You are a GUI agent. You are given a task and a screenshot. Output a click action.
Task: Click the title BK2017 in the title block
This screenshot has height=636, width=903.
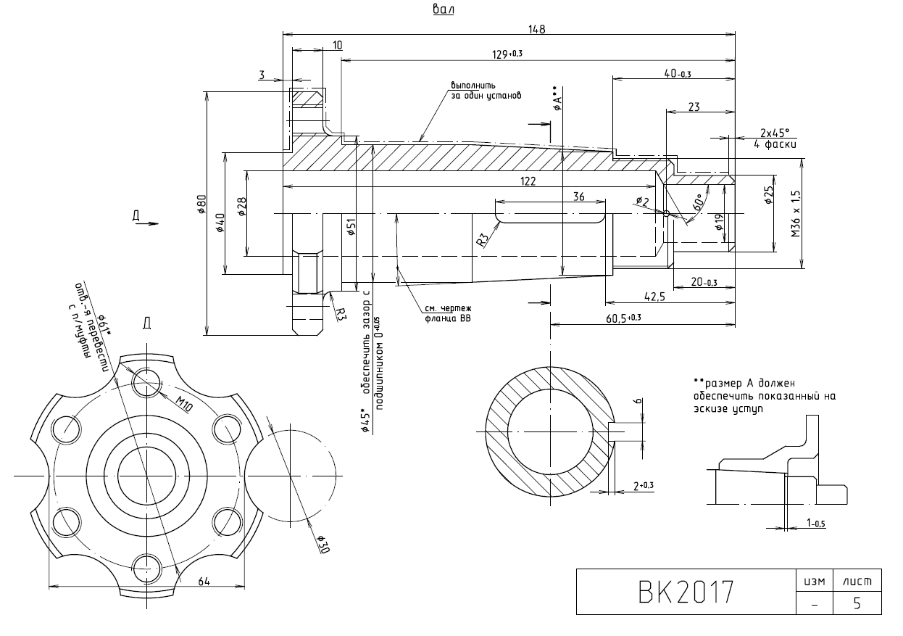pos(686,592)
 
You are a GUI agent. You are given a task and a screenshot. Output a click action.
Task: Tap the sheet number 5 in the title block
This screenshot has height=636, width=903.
pos(857,603)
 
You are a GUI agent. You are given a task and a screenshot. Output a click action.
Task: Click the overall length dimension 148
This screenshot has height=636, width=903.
pos(536,29)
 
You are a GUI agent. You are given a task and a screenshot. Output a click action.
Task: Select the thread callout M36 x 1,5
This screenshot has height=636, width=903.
pos(795,214)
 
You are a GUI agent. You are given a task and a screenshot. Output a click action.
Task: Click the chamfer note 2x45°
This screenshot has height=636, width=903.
pos(775,133)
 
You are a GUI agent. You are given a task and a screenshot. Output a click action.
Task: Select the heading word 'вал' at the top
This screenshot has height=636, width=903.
pos(442,9)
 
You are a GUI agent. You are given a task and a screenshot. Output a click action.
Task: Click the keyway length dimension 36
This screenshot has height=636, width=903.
pos(578,197)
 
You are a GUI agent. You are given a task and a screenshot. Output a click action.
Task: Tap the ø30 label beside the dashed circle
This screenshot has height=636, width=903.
pos(323,544)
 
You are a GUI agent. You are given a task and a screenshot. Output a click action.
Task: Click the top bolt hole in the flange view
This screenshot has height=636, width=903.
pos(146,382)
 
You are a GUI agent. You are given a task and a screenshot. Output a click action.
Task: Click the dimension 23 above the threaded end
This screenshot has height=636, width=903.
pos(694,107)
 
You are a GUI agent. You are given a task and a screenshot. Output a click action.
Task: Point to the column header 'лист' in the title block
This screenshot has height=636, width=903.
pos(857,582)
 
